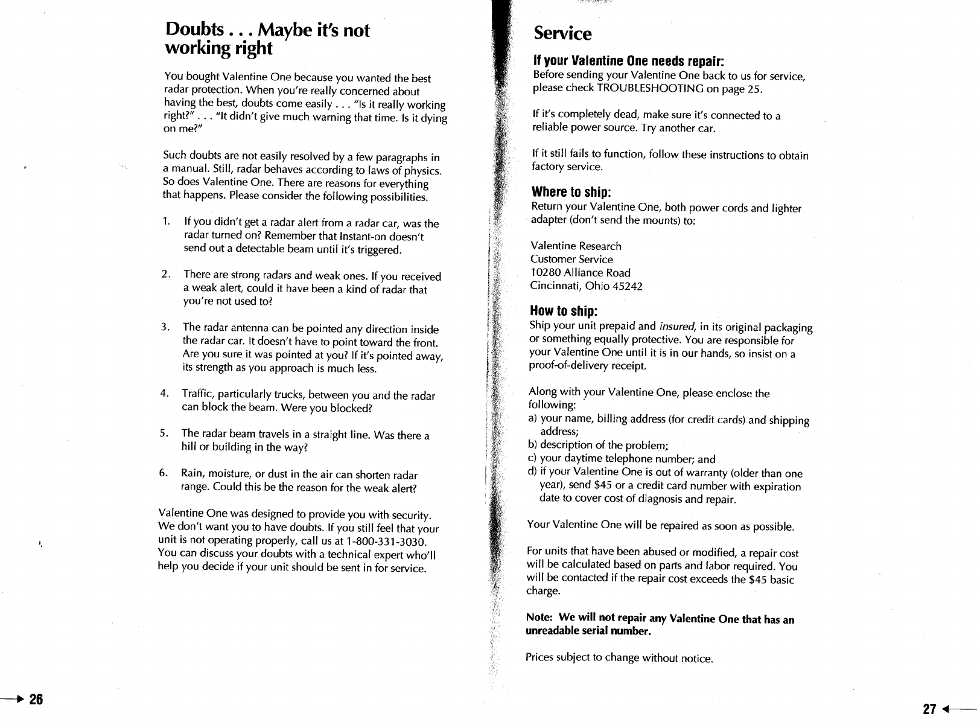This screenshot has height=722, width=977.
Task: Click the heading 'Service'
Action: coord(562,34)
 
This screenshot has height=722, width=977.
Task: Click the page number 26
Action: coord(36,700)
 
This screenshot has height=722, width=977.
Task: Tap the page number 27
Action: coord(929,709)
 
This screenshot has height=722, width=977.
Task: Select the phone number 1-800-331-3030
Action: coord(390,541)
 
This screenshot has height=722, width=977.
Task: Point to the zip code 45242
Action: coord(628,286)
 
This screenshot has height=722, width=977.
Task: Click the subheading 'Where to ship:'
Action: coord(571,192)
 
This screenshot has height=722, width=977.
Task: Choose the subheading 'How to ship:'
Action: coord(564,311)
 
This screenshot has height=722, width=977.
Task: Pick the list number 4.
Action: coord(164,394)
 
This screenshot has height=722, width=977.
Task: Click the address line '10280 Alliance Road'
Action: coord(581,272)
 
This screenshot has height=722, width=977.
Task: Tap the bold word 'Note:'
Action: coord(541,618)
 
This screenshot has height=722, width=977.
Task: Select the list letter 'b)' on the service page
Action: coord(532,446)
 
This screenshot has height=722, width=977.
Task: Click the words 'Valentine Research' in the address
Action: coord(576,246)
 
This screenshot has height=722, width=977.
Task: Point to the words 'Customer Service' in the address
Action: coord(571,259)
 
